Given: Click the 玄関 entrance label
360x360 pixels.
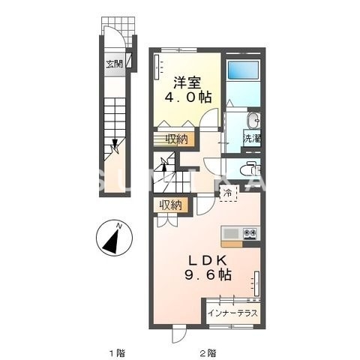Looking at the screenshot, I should (114, 62).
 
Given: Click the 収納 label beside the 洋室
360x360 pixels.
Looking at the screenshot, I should (176, 139).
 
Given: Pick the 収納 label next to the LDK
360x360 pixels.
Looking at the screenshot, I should (170, 204).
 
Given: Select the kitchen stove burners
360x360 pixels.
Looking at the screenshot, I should (250, 233).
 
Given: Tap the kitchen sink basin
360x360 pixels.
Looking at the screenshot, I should (231, 233).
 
